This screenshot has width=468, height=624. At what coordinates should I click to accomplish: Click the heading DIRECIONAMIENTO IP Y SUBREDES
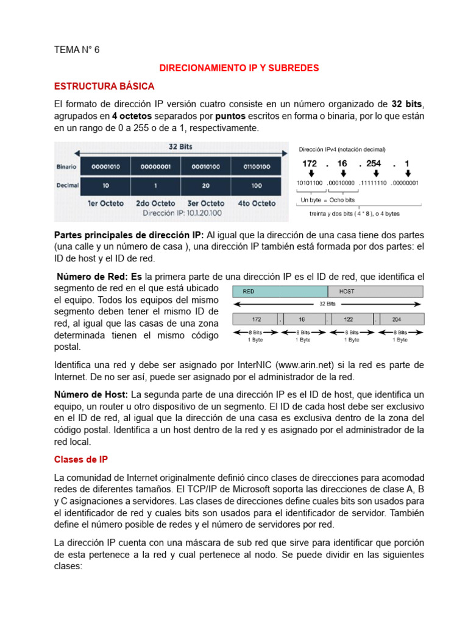pyautogui.click(x=238, y=68)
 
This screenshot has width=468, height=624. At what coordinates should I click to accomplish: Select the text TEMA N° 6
pyautogui.click(x=76, y=50)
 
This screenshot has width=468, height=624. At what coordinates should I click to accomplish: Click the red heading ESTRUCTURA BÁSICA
pyautogui.click(x=104, y=86)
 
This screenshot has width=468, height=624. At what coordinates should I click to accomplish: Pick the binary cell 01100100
pyautogui.click(x=256, y=166)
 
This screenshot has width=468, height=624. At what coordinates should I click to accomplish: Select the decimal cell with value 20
pyautogui.click(x=205, y=185)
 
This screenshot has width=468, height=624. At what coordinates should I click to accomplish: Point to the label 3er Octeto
pyautogui.click(x=205, y=203)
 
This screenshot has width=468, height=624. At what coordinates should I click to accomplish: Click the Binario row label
pyautogui.click(x=66, y=166)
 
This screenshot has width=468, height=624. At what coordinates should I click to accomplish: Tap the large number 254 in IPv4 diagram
pyautogui.click(x=374, y=163)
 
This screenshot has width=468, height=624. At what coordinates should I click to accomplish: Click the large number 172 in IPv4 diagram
pyautogui.click(x=310, y=163)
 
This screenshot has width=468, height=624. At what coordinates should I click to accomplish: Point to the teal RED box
pyautogui.click(x=281, y=291)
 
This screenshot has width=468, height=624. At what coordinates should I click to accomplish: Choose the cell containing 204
pyautogui.click(x=397, y=318)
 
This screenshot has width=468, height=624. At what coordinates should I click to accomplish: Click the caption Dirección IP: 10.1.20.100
pyautogui.click(x=182, y=213)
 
